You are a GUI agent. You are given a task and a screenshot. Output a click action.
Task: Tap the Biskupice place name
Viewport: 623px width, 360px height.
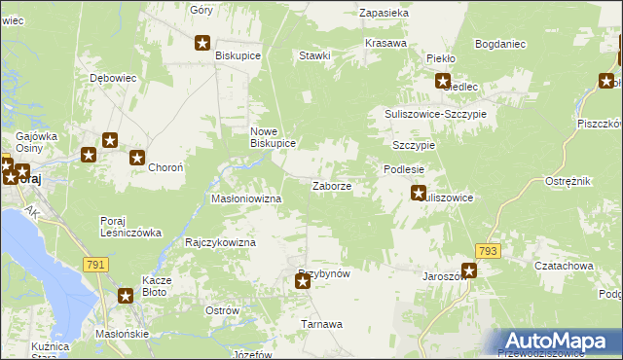[x=238, y=56]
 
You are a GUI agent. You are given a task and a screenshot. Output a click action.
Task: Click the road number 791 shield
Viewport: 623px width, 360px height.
[x=95, y=264]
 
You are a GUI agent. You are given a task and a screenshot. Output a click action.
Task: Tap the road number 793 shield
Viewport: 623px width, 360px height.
[x=489, y=251]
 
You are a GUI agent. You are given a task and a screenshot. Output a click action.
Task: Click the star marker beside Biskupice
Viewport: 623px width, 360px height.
[x=203, y=42]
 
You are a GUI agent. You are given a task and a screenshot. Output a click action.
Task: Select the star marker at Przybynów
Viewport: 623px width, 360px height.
[x=303, y=282]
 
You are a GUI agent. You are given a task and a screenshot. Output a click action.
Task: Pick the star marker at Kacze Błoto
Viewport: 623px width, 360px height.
[x=126, y=296]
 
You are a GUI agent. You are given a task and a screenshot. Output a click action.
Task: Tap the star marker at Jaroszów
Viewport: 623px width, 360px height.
[x=469, y=271]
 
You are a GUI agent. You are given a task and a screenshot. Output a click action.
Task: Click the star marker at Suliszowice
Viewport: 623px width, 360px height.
[x=419, y=193]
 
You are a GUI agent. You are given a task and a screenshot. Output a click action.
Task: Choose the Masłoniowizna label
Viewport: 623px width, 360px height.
[x=246, y=198]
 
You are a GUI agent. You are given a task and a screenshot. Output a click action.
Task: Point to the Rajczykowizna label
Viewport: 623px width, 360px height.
[x=220, y=242]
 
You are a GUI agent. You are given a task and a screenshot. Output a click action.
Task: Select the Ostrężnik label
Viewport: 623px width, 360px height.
[x=568, y=183]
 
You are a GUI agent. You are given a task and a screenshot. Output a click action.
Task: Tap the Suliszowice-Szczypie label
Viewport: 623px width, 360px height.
[x=433, y=114]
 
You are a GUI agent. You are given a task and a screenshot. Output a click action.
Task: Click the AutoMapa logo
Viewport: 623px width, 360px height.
[x=565, y=341]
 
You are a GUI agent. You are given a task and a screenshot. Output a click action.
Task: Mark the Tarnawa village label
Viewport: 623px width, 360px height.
[x=321, y=324]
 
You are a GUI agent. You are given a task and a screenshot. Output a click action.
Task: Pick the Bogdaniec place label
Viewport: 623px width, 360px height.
[x=500, y=44]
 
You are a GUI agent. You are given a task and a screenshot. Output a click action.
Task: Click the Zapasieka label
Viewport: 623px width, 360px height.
[x=384, y=14]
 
